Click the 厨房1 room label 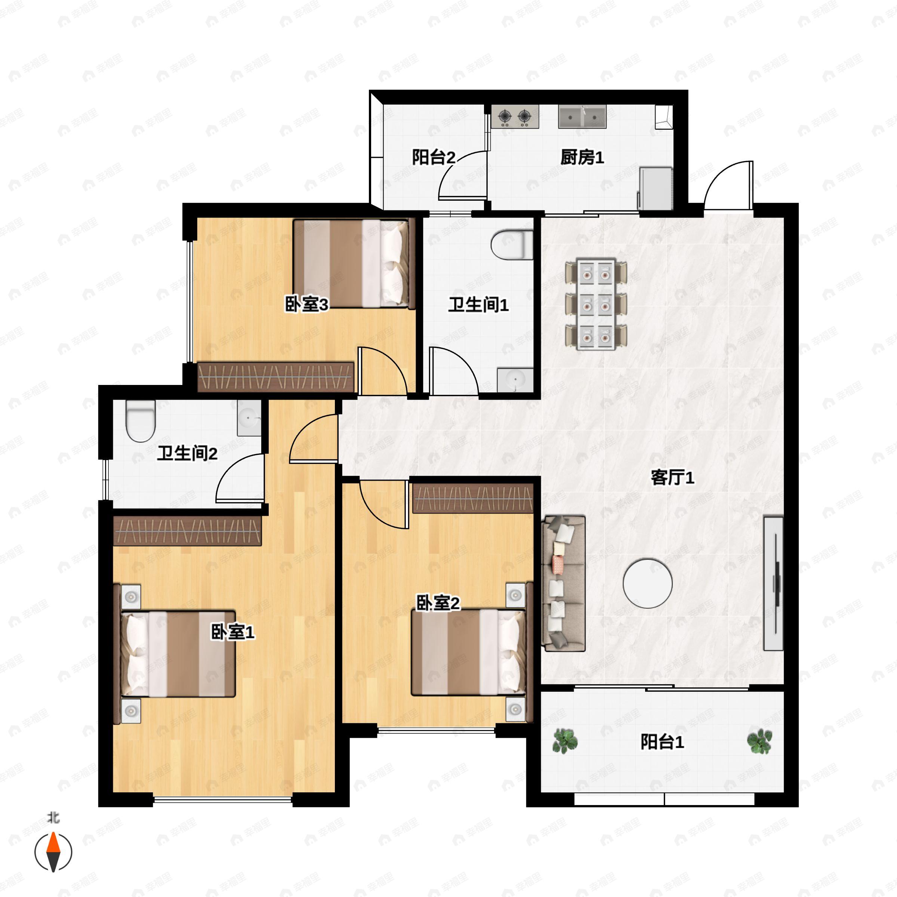[582, 157]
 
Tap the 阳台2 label [434, 157]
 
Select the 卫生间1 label [478, 305]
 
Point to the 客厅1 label [672, 477]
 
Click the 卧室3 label [306, 305]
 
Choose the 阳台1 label [662, 742]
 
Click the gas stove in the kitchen [515, 117]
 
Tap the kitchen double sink [582, 117]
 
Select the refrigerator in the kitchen [656, 188]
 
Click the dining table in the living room [596, 305]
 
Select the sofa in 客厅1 [564, 583]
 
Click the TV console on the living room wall [774, 583]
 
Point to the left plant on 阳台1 [565, 741]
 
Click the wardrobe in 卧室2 [473, 498]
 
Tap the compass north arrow [53, 853]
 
